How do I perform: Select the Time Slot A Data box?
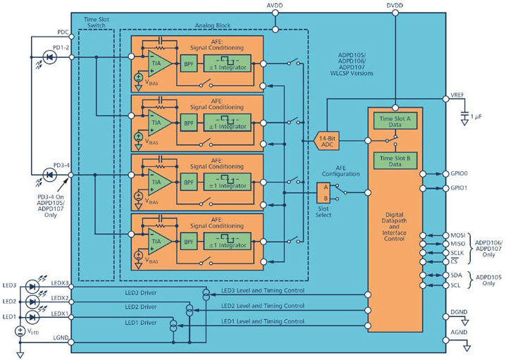coord(395,121)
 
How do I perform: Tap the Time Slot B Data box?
coord(395,161)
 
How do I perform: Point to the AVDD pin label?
coord(275,5)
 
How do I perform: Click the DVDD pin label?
coord(395,5)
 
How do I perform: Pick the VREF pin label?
coord(457,95)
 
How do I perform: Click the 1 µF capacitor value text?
coord(476,116)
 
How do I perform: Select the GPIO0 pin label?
coord(459,173)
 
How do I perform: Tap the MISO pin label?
coord(458,244)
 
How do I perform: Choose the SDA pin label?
coord(456,275)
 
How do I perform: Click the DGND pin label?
coord(459,312)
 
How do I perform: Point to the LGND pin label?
coord(61,337)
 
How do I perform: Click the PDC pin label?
coord(63,32)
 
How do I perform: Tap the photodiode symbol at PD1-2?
coord(50,58)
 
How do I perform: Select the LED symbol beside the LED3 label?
coord(32,286)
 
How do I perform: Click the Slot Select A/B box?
coord(323,193)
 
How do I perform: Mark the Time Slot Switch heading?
coord(97,23)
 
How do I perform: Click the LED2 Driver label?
coord(141,306)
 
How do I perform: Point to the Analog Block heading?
coord(213,25)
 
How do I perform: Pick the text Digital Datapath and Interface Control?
coord(394,226)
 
